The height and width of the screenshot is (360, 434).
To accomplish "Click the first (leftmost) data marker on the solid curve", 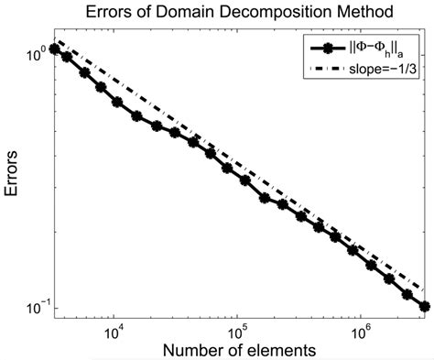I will click(55, 49).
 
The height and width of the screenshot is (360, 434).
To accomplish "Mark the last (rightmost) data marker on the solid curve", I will click(424, 306).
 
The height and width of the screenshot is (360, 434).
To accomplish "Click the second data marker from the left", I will click(68, 58).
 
